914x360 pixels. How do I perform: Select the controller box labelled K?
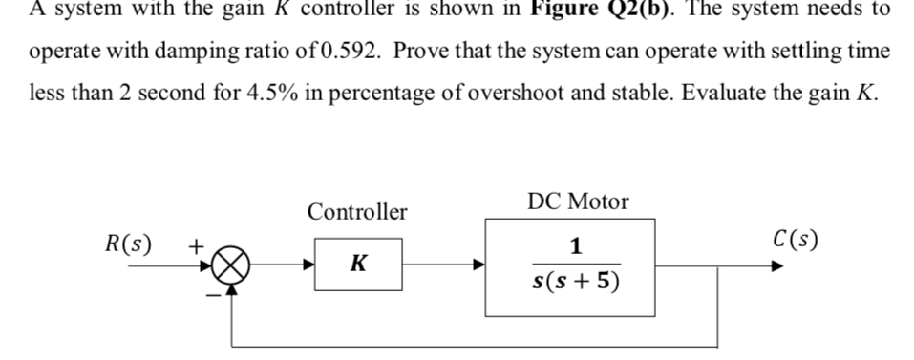359,265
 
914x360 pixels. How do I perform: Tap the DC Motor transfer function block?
570,266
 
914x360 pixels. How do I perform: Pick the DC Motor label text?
578,201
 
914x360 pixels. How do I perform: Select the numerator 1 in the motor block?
575,246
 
